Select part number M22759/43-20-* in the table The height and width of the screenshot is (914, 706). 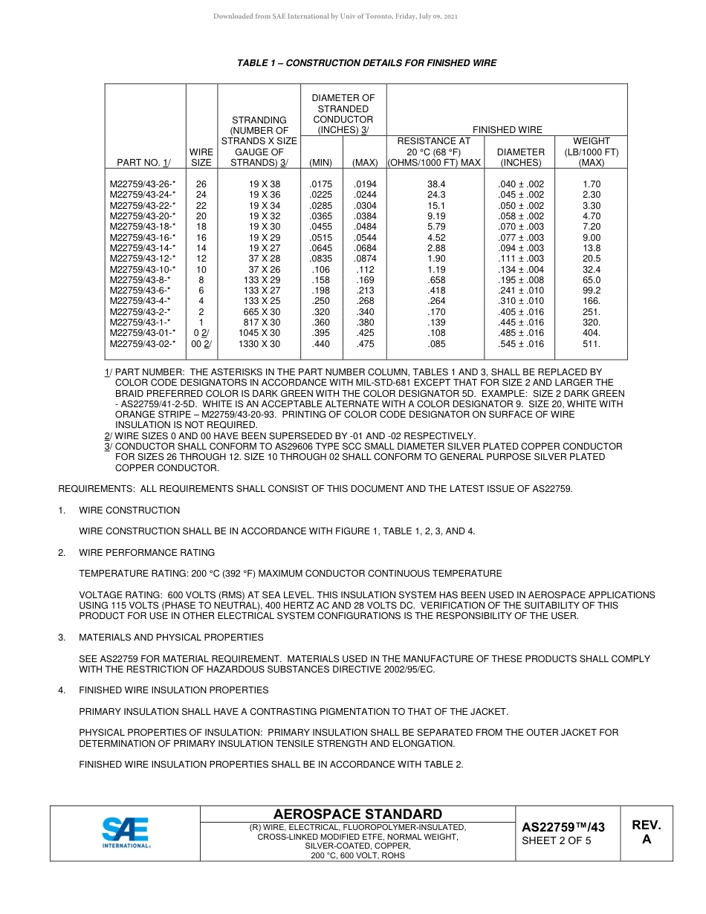[x=143, y=216]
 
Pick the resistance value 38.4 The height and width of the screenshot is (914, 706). [x=435, y=184]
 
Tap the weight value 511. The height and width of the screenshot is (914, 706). [x=592, y=344]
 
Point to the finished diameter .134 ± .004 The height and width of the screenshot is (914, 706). [x=520, y=270]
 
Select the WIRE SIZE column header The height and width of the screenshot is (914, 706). [x=201, y=157]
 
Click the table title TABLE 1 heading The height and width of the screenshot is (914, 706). [x=366, y=63]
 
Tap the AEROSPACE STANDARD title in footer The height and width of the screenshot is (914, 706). [x=357, y=814]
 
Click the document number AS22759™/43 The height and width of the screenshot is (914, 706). [x=563, y=828]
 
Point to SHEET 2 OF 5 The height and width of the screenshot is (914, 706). [x=557, y=841]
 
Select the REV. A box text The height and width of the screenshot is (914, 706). [x=646, y=832]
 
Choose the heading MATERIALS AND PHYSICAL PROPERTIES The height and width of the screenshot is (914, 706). [x=171, y=638]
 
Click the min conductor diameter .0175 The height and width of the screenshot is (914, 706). [x=320, y=184]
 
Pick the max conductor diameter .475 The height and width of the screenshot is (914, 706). [x=365, y=344]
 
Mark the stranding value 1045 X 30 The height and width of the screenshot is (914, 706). [x=259, y=334]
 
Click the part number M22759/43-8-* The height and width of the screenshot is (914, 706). [x=140, y=280]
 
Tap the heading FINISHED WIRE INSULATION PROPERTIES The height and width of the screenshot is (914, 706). [x=174, y=690]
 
